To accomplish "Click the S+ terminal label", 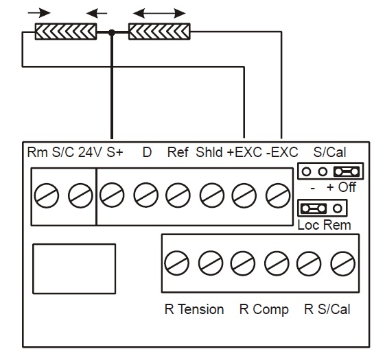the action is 115,152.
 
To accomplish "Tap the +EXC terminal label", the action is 244,152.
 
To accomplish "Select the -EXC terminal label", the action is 282,152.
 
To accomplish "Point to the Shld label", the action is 209,152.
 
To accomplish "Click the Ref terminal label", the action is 178,152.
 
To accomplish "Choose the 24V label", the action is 90,152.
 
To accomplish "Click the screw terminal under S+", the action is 112,195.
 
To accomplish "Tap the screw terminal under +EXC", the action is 244,195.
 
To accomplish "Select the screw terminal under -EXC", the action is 278,195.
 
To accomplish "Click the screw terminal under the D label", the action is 146,195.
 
